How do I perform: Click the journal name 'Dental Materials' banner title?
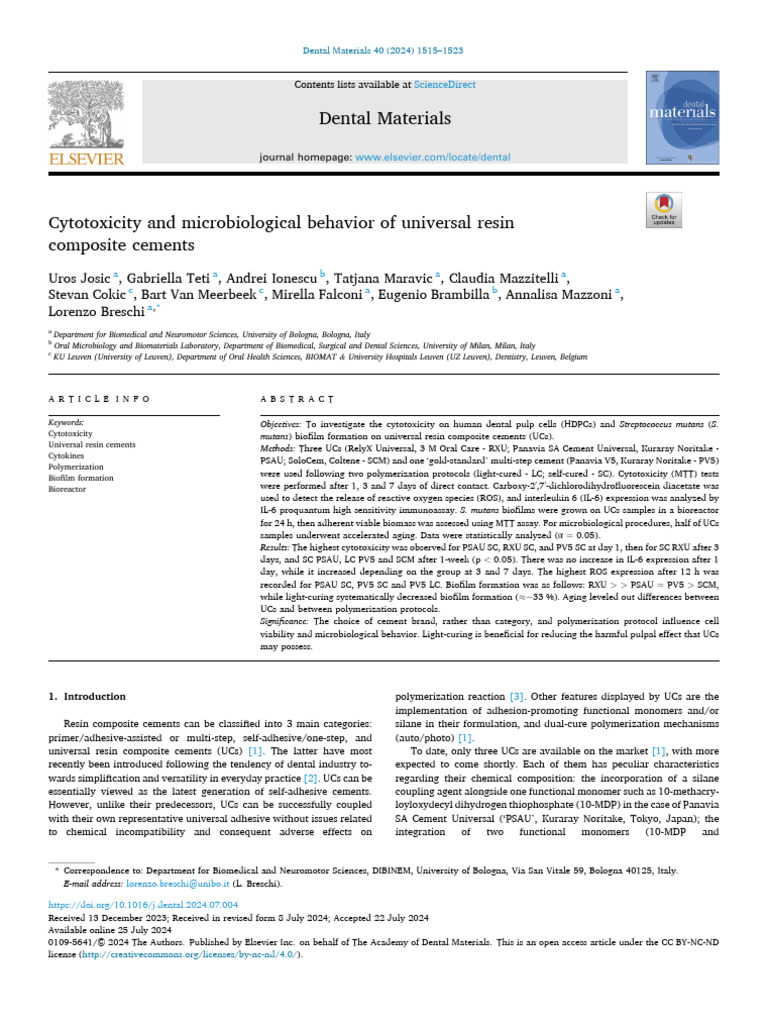[384, 119]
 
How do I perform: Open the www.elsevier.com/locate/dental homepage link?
[433, 157]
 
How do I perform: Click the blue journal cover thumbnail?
[683, 117]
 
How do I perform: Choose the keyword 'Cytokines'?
[69, 456]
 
